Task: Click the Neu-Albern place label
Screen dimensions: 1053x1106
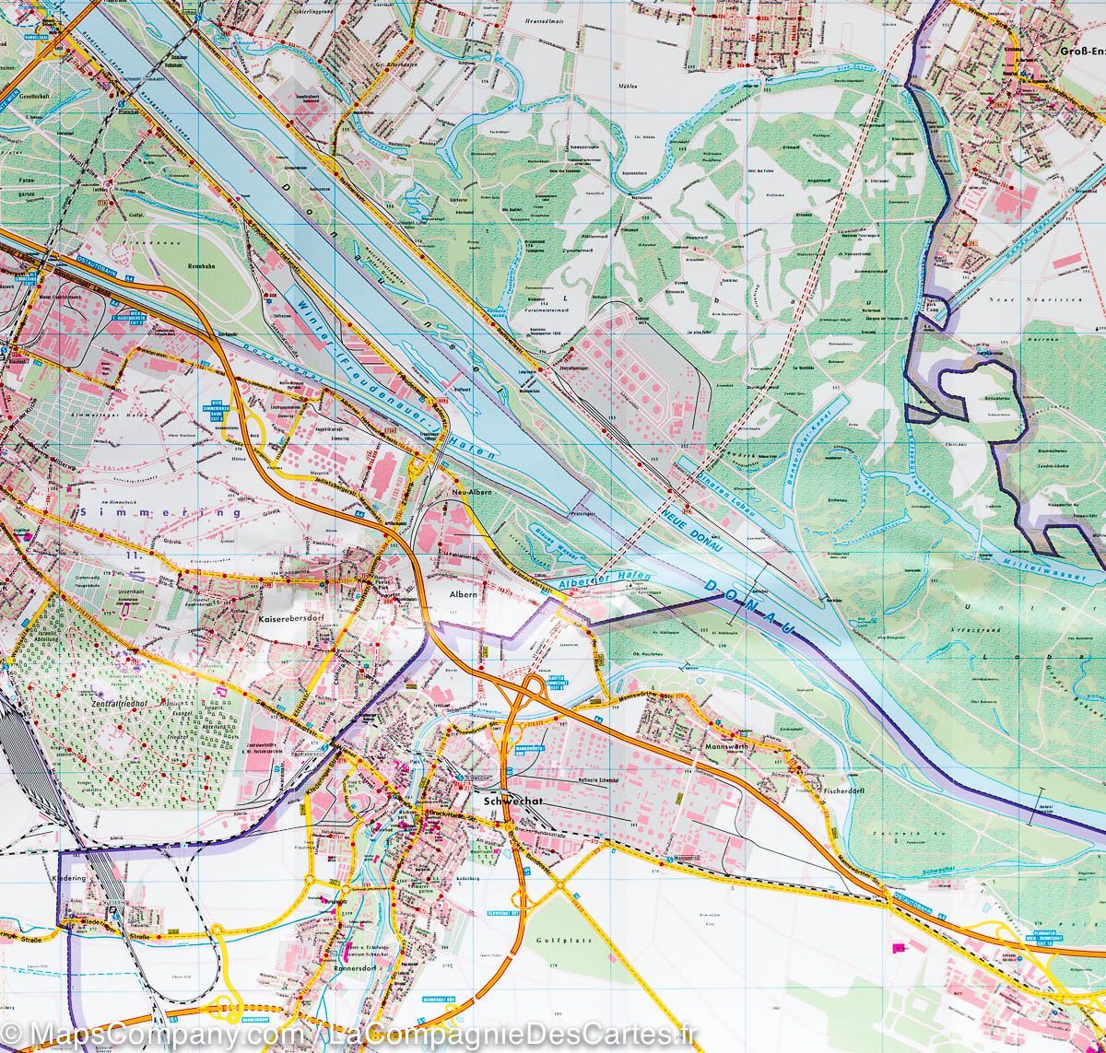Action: point(474,493)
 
